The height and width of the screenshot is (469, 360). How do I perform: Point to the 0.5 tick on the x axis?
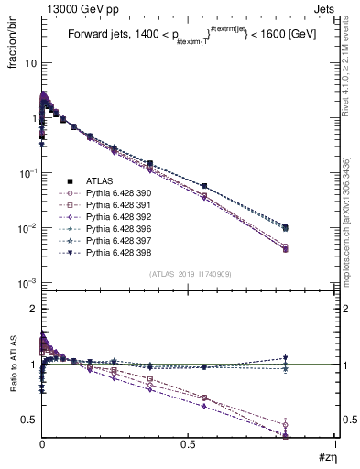click(x=189, y=443)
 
